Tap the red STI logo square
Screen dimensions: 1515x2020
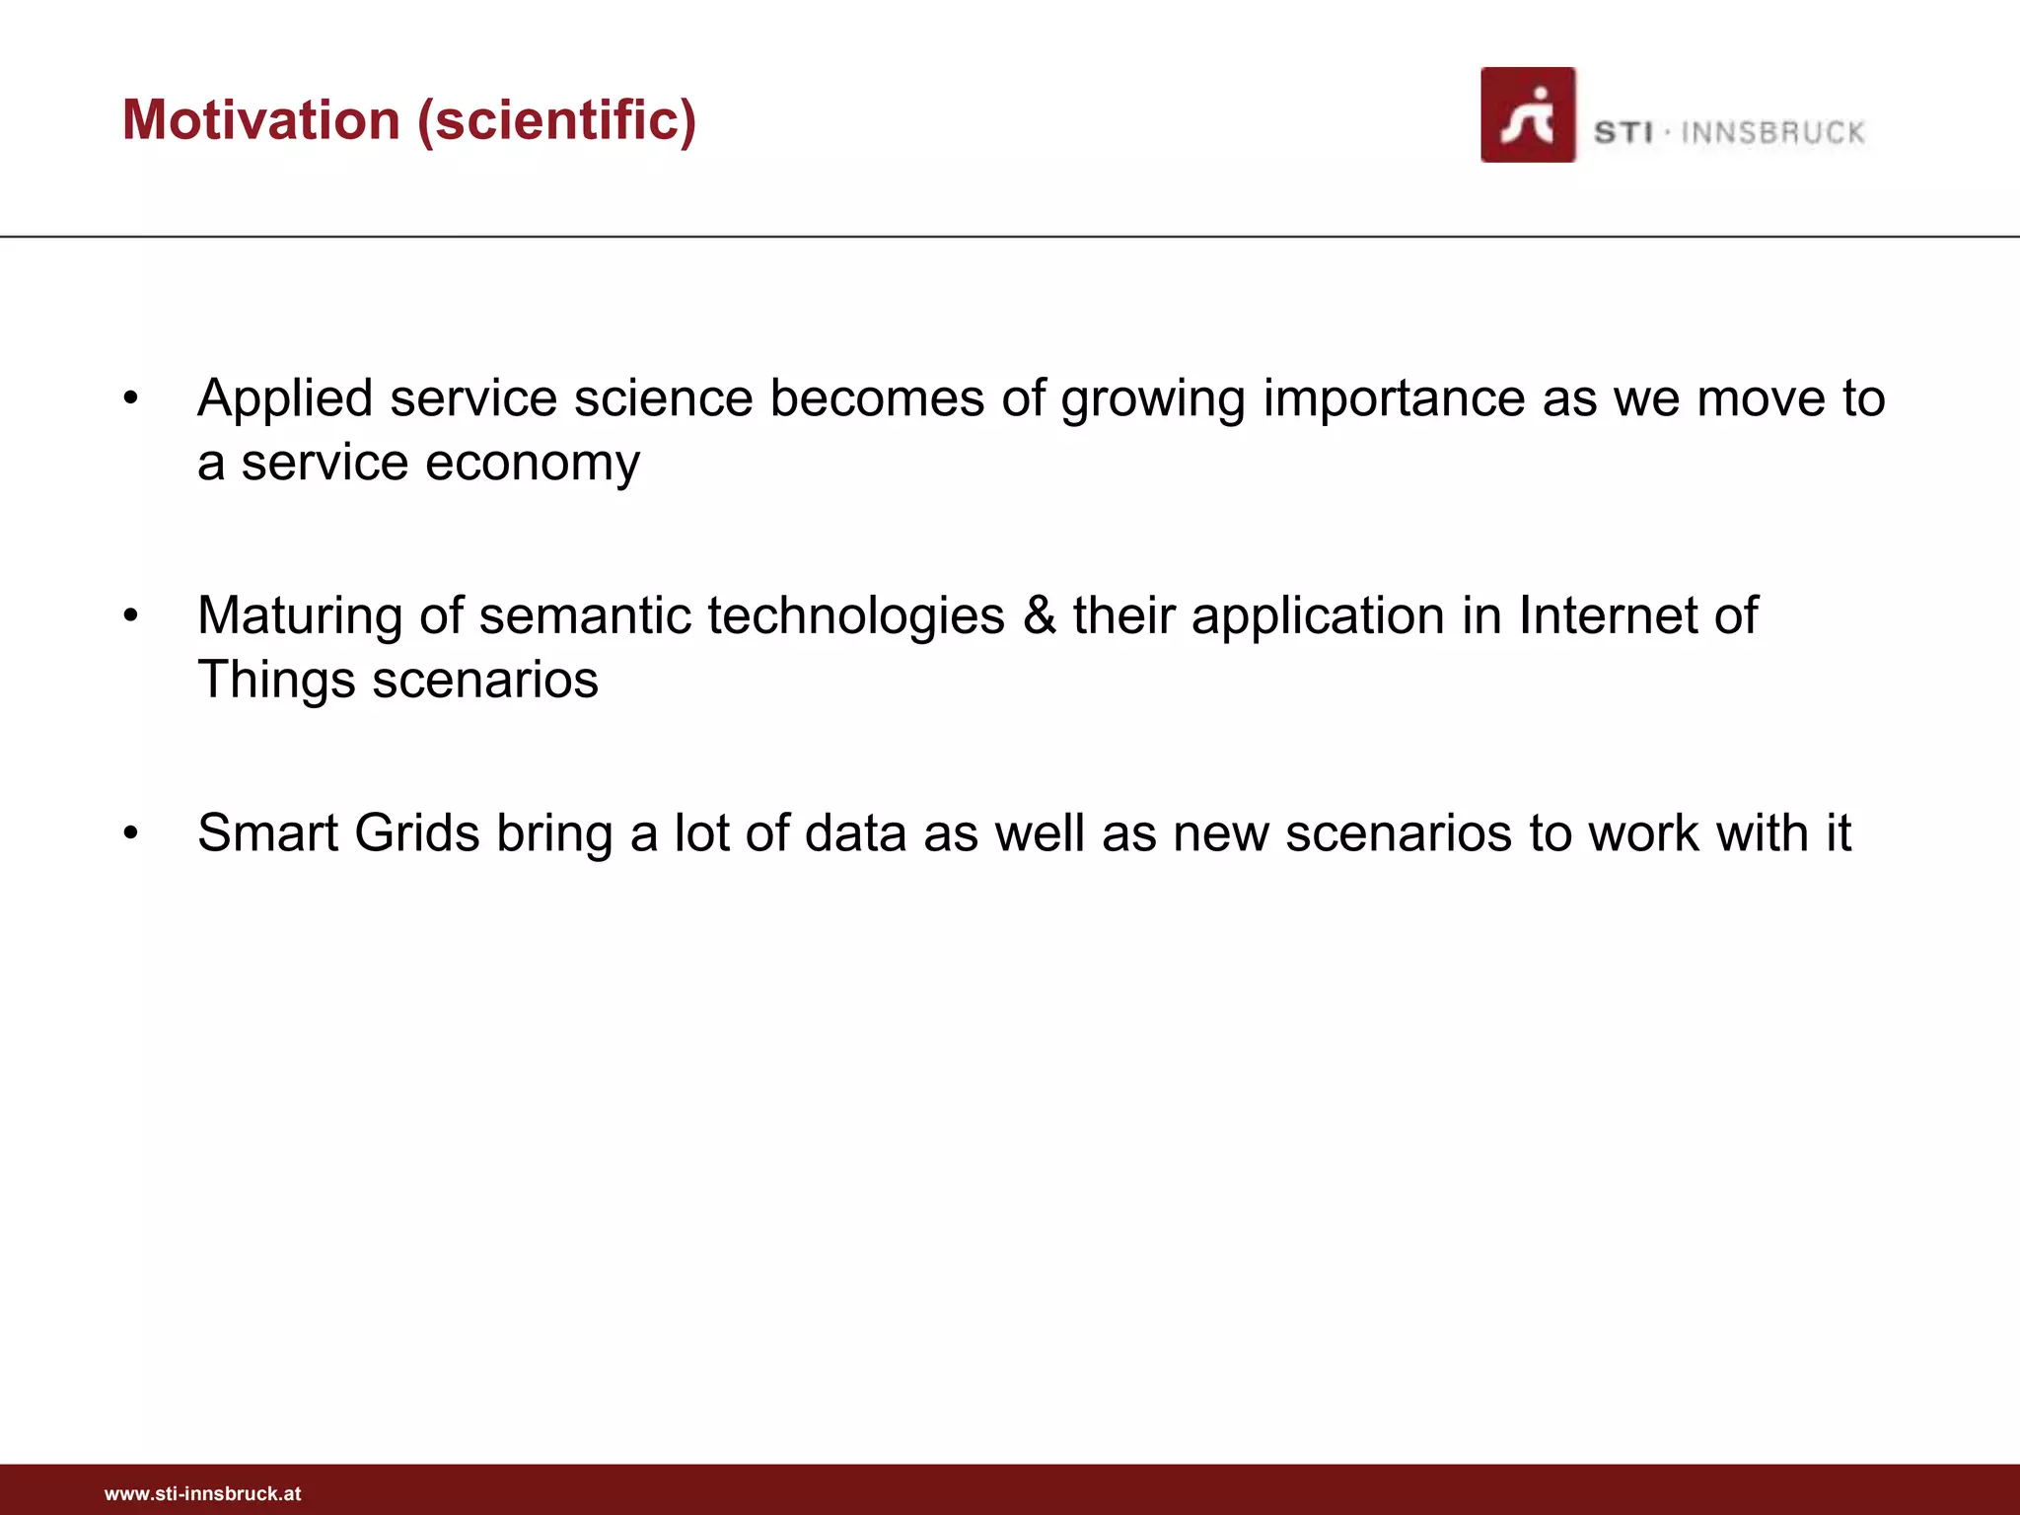point(1527,114)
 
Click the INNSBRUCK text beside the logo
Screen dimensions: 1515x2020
point(1772,132)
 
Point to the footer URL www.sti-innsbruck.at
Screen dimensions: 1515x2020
point(203,1493)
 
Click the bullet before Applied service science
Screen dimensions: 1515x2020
point(131,399)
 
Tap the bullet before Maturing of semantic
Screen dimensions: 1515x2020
point(131,616)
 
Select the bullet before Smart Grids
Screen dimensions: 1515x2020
point(131,833)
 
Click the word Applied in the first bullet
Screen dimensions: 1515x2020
point(285,399)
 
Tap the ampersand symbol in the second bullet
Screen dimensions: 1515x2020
point(1039,615)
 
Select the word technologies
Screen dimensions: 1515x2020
point(856,615)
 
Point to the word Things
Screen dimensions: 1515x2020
point(276,681)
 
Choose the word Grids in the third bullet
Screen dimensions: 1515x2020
point(417,832)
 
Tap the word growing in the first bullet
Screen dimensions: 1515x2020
point(1153,399)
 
